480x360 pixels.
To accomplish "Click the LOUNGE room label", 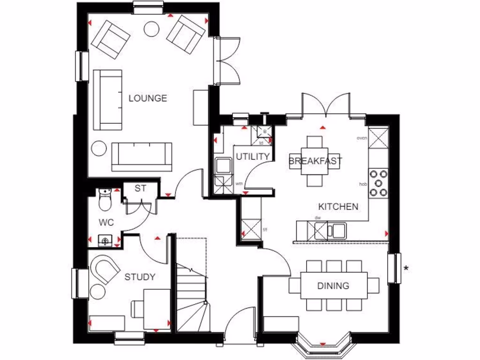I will [x=148, y=98].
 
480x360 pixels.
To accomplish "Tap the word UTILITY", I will [x=253, y=157].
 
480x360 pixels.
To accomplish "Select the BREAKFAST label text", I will [x=315, y=161].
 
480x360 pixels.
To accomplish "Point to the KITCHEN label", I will [x=338, y=207].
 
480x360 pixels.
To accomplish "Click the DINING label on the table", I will [x=333, y=285].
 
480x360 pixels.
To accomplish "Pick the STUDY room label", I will [x=140, y=277].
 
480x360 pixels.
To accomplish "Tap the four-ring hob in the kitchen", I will [x=379, y=182].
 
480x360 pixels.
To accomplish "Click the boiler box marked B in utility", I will [x=264, y=132].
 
